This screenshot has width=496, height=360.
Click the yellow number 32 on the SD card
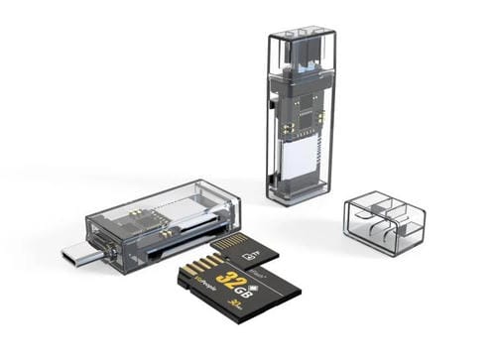coord(226,278)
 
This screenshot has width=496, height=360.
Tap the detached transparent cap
coord(384,223)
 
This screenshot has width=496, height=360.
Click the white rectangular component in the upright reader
coord(302,158)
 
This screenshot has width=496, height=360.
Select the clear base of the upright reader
coord(301,192)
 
